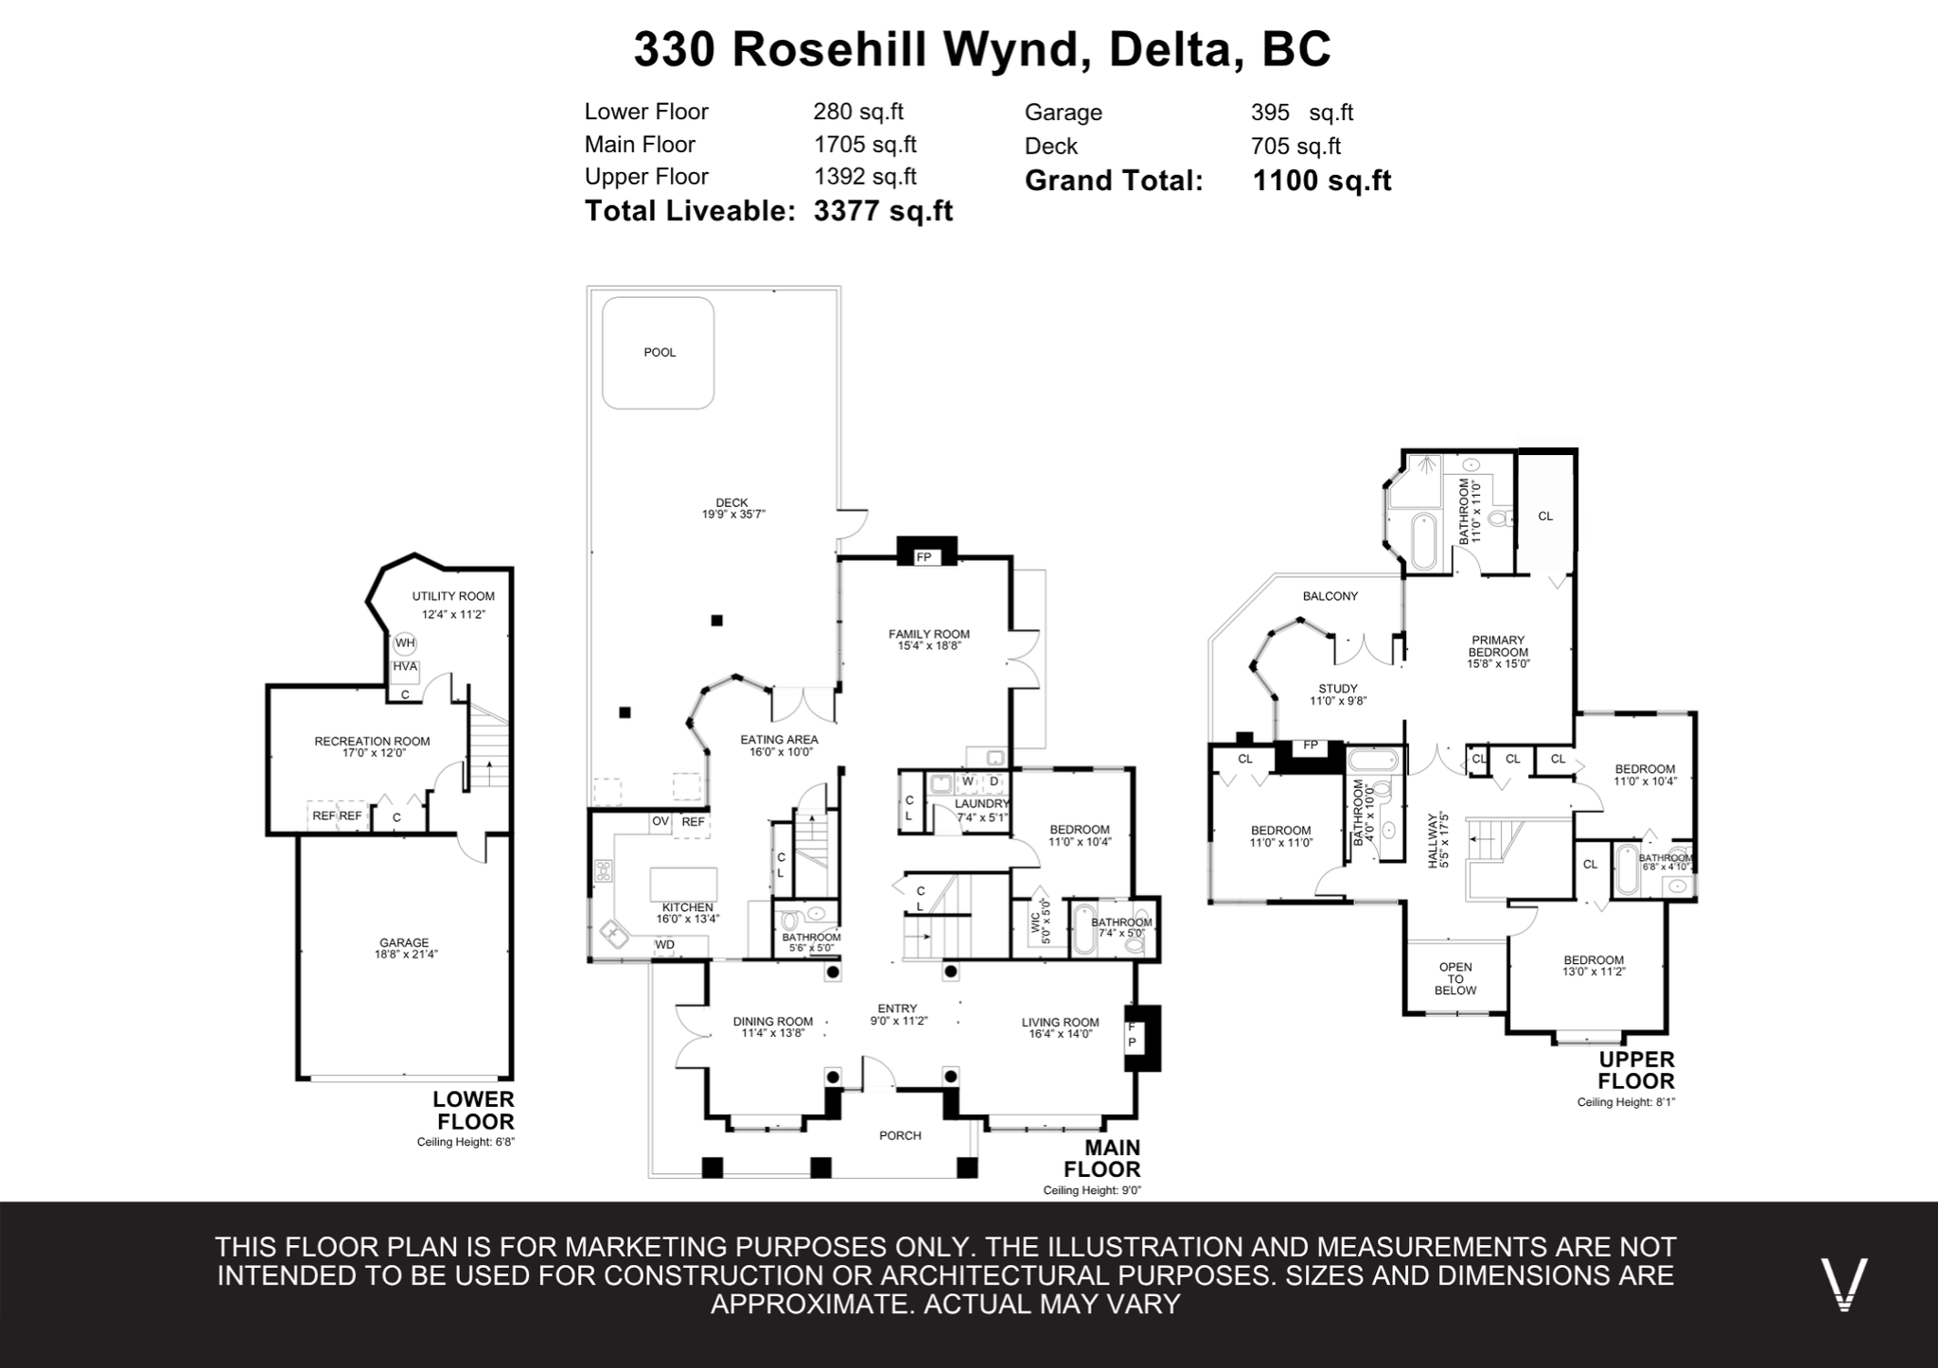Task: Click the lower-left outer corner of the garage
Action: (x=298, y=1079)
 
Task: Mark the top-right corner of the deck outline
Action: (x=840, y=288)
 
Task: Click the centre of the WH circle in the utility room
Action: (x=405, y=643)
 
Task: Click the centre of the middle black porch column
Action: (x=820, y=1167)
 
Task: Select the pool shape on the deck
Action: (x=659, y=353)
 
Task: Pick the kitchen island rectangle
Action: (x=683, y=884)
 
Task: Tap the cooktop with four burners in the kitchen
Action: (x=603, y=870)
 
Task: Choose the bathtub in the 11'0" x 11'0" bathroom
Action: (x=1423, y=540)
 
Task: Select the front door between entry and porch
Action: (x=879, y=1073)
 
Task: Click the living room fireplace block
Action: (x=1142, y=1037)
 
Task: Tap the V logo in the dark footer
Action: (x=1844, y=1284)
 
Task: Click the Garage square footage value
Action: (x=1302, y=112)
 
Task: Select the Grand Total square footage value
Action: (x=1322, y=180)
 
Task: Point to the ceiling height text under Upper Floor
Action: (x=1626, y=1102)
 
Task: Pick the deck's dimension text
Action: (x=733, y=515)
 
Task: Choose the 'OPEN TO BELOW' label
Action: (x=1455, y=978)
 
